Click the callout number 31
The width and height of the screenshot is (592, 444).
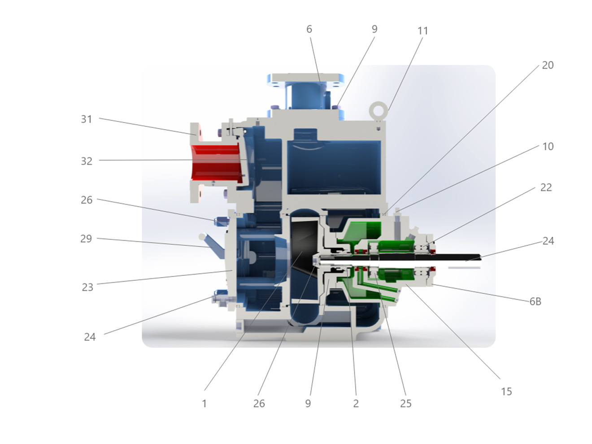click(86, 119)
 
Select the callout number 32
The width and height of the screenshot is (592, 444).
click(87, 161)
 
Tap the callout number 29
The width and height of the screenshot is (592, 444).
click(86, 239)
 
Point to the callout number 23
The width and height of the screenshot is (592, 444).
click(87, 287)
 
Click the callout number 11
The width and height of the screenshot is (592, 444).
click(422, 31)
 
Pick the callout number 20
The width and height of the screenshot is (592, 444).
click(548, 65)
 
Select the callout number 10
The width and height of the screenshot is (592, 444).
click(548, 147)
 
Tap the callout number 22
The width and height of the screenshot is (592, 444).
click(546, 187)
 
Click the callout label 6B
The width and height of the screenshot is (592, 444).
click(535, 301)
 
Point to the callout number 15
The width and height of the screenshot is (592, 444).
click(506, 392)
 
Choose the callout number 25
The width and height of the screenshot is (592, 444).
click(405, 404)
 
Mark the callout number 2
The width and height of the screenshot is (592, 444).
click(356, 404)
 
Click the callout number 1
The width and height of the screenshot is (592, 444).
click(205, 404)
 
